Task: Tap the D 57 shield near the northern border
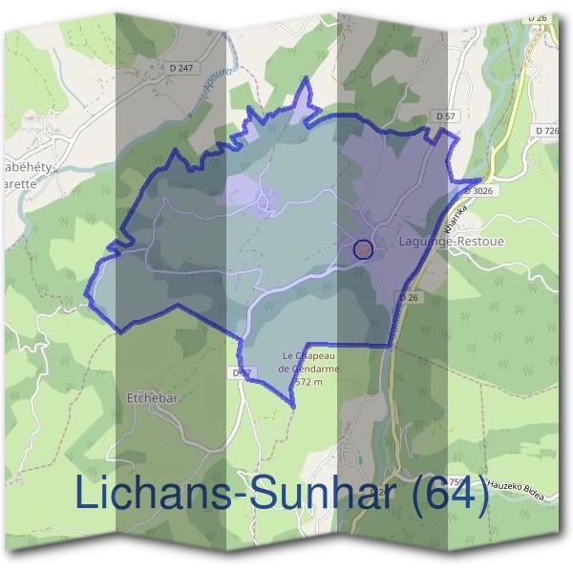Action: pyautogui.click(x=443, y=116)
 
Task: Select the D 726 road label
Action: pyautogui.click(x=547, y=130)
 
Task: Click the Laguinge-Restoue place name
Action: pyautogui.click(x=439, y=243)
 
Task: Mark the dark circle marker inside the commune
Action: pyautogui.click(x=363, y=249)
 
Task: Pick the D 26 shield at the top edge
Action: pyautogui.click(x=538, y=18)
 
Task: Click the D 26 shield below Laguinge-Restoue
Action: pyautogui.click(x=409, y=298)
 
